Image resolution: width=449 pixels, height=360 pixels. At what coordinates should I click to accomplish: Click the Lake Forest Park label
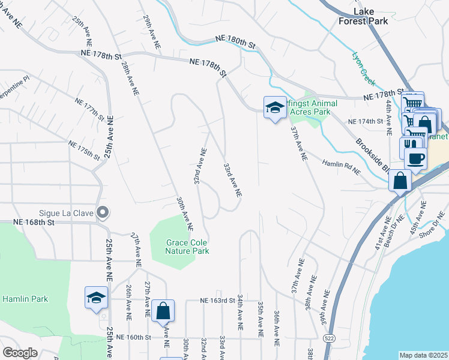coord(370,16)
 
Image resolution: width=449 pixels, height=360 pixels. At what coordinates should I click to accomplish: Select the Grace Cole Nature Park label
coord(188,247)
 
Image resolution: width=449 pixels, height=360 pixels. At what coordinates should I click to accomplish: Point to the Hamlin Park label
coord(25,299)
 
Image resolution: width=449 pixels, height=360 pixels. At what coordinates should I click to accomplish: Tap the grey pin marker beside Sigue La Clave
coord(103,212)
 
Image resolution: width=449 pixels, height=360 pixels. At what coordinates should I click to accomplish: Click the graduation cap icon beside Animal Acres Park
coord(275,107)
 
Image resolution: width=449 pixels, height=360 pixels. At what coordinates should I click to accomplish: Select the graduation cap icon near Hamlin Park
coord(96,298)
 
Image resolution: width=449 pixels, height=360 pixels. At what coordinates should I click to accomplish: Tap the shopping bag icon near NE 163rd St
coord(163,311)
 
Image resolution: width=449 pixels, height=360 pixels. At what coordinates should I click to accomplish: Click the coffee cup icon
coord(415,158)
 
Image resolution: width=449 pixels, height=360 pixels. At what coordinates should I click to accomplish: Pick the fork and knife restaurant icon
coord(409,145)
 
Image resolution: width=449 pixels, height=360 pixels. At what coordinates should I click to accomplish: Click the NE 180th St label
coord(236,42)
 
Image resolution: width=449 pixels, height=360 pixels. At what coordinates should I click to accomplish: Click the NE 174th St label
coord(366,122)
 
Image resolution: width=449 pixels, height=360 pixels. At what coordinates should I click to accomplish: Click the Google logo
coord(20,353)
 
